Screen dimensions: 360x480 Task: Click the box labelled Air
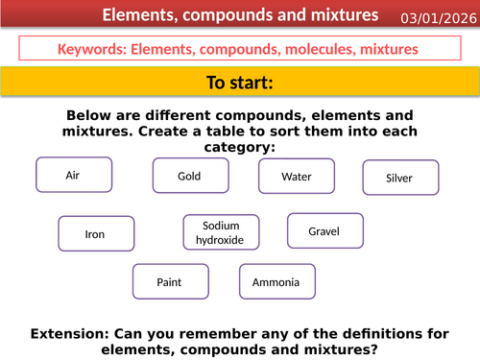coord(72,176)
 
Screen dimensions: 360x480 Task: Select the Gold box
coord(189,177)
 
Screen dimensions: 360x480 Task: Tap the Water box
coord(297,177)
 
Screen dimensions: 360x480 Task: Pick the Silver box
coord(399,178)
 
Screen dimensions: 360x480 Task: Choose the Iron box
coord(95,233)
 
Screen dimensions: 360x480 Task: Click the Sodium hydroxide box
coord(221,232)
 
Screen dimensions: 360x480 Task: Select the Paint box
coord(169,282)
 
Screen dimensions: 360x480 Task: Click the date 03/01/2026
coord(438,17)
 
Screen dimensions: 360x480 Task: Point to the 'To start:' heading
coord(240,82)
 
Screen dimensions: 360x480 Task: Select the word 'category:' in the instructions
coord(239,147)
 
